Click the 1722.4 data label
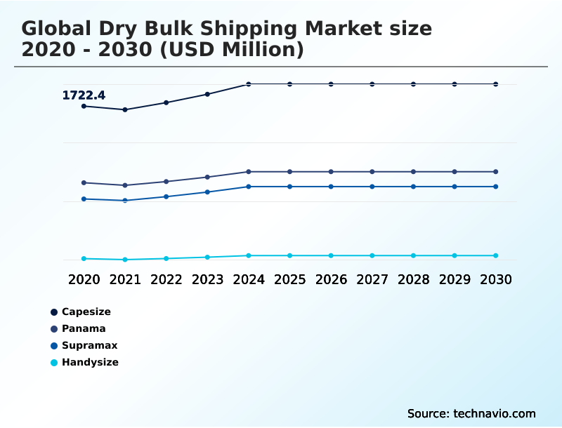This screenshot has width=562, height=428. click(84, 95)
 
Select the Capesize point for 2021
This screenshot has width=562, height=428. click(125, 109)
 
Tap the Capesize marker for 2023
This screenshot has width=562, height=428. click(207, 94)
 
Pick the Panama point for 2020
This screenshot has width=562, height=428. click(84, 182)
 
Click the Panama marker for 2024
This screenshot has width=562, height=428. click(249, 171)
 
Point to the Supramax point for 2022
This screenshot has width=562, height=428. click(166, 196)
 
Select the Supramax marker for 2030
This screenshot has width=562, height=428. click(496, 187)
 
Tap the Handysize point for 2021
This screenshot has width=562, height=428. click(125, 260)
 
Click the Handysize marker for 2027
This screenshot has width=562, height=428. click(372, 255)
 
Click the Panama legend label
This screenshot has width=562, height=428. click(84, 328)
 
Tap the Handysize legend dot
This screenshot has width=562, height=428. click(54, 363)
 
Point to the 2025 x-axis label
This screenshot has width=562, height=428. click(289, 279)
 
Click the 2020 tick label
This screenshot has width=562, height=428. click(84, 279)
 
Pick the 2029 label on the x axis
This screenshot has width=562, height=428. click(455, 279)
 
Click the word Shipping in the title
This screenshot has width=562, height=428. click(237, 29)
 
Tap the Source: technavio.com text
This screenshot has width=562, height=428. click(471, 413)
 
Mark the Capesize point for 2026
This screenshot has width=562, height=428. click(331, 84)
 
